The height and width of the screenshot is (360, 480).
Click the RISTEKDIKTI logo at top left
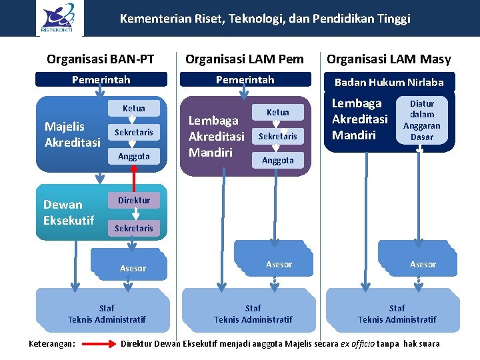[59, 19]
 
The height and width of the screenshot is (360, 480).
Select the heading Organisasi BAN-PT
[101, 59]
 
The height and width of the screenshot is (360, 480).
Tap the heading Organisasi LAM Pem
[245, 59]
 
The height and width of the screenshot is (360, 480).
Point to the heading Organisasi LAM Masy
[389, 59]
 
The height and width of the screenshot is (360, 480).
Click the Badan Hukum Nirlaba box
[389, 83]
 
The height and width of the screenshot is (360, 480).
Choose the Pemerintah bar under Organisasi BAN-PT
[101, 80]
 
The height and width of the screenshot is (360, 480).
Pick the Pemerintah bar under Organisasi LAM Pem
[245, 80]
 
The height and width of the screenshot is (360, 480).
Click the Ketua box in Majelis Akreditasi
[134, 108]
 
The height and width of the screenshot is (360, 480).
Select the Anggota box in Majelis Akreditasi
[134, 156]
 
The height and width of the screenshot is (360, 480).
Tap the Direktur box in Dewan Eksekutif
[134, 200]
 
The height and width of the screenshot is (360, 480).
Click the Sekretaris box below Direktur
[134, 228]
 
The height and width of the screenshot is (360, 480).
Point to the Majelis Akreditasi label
[72, 134]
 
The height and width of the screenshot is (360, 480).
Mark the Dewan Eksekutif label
[68, 212]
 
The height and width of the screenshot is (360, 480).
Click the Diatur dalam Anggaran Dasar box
[421, 121]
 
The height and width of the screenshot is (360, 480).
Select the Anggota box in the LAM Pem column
[278, 160]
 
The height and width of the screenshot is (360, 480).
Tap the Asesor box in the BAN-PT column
[133, 268]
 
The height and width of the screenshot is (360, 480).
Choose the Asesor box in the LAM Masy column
[423, 264]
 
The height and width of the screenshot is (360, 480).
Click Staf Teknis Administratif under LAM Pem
[253, 313]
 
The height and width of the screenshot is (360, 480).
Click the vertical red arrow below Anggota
[134, 178]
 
